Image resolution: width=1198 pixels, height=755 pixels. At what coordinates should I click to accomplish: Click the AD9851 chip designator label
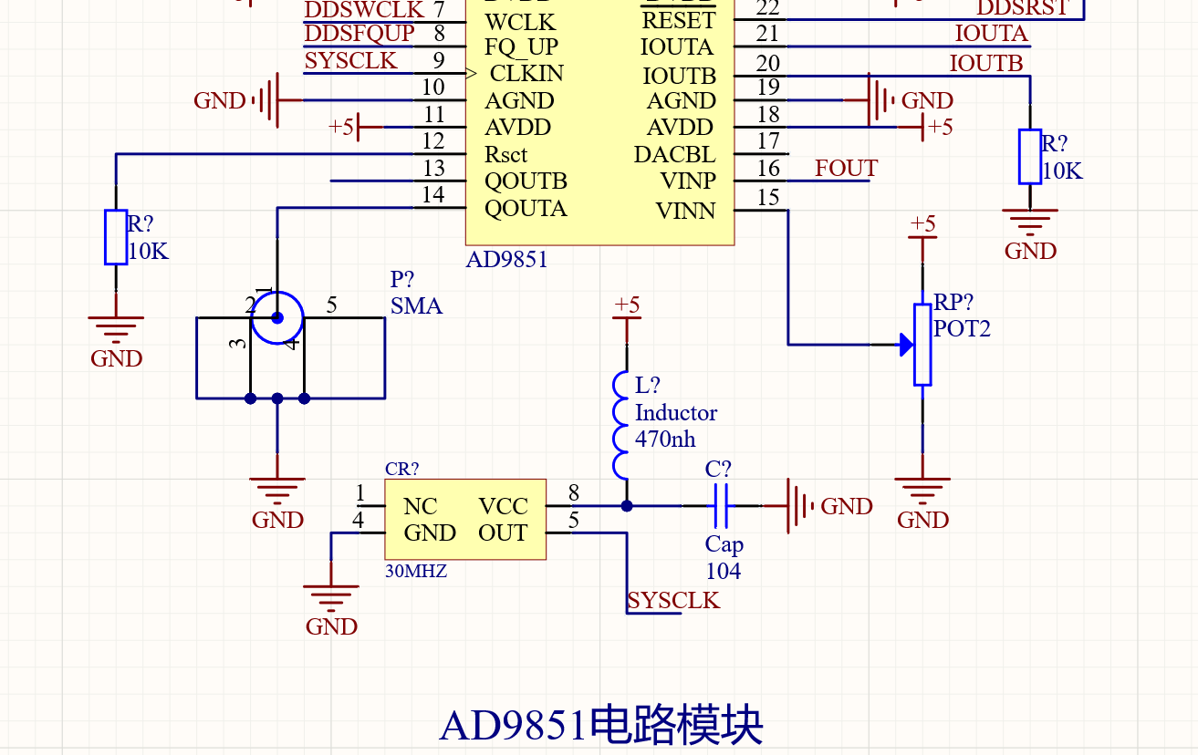click(x=506, y=260)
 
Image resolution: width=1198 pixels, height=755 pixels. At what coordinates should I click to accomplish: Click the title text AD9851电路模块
click(x=600, y=725)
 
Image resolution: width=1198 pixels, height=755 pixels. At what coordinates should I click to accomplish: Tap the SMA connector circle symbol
click(x=276, y=318)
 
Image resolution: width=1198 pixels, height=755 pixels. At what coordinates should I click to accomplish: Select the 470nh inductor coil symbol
click(x=621, y=426)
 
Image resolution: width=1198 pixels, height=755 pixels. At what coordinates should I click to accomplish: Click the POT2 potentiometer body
click(x=922, y=345)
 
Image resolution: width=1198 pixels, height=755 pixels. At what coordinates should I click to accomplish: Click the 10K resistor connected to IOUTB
click(x=1029, y=157)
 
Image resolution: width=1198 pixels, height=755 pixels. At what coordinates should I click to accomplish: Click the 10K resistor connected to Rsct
click(x=116, y=237)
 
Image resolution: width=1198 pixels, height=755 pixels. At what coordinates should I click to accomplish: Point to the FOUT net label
click(x=846, y=169)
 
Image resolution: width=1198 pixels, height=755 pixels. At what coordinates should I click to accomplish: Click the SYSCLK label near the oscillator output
click(x=673, y=601)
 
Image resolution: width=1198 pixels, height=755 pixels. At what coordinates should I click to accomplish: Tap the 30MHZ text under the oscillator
click(x=416, y=572)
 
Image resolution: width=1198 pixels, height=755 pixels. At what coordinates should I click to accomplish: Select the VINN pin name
click(x=685, y=212)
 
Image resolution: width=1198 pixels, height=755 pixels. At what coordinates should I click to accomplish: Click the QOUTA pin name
click(x=526, y=209)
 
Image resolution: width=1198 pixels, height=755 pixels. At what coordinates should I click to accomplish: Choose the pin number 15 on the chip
click(x=768, y=197)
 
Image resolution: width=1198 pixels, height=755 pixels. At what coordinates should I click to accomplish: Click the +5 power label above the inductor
click(x=627, y=305)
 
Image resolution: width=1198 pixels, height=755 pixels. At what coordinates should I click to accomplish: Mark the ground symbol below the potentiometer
click(x=922, y=492)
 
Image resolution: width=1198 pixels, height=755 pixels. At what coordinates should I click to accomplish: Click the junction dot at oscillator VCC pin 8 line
click(x=626, y=506)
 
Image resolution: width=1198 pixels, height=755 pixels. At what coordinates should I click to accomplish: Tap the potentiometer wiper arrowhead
click(x=905, y=345)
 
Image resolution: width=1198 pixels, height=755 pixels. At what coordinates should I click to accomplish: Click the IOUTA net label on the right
click(x=991, y=35)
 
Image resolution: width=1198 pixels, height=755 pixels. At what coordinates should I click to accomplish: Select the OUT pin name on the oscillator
click(x=503, y=533)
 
